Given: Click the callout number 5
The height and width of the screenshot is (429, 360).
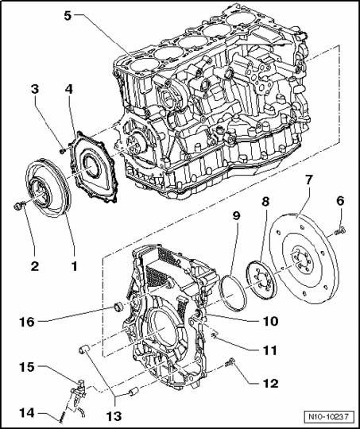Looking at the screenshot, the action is [x=68, y=16].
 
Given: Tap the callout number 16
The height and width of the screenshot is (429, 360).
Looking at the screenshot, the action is [x=27, y=322].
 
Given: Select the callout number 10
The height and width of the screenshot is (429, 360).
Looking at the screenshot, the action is [x=270, y=321].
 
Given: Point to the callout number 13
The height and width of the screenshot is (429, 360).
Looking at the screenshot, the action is [x=114, y=416].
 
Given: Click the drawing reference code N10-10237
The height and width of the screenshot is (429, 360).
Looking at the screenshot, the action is [x=329, y=417].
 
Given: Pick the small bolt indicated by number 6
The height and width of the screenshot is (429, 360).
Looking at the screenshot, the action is [x=340, y=231].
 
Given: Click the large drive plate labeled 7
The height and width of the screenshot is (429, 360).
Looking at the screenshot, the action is [x=304, y=259].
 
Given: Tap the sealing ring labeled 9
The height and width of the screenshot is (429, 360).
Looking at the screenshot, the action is [x=232, y=292].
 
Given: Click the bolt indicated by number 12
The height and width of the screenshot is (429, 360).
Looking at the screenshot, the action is [x=230, y=363].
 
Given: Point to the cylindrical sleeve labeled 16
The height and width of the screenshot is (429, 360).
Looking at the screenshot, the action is [x=118, y=307].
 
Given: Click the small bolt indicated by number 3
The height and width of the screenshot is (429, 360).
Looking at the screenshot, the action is [x=63, y=150].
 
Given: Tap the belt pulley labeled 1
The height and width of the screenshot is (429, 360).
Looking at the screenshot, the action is [x=48, y=187].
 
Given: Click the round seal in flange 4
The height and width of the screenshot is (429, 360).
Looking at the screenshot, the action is [x=91, y=165].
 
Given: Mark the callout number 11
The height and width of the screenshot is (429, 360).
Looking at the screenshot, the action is [x=270, y=350].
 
